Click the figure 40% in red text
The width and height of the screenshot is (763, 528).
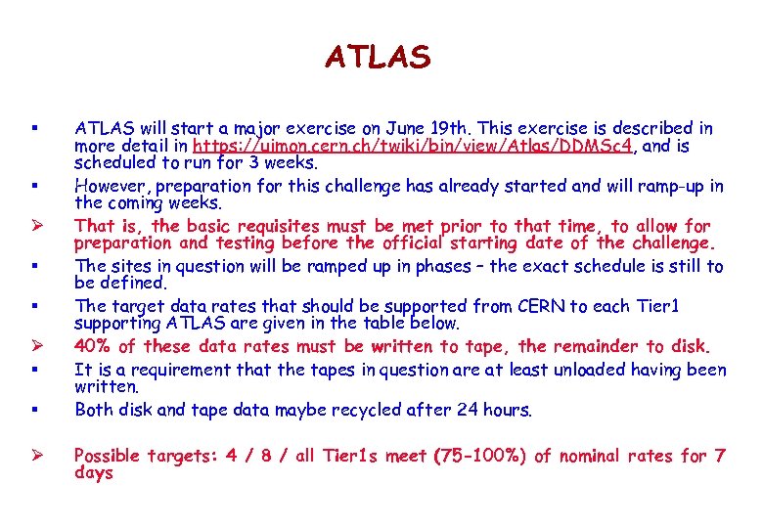(92, 346)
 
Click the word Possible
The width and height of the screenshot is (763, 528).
(108, 456)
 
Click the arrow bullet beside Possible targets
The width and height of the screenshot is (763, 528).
(34, 456)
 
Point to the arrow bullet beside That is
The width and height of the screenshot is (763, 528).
(34, 226)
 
